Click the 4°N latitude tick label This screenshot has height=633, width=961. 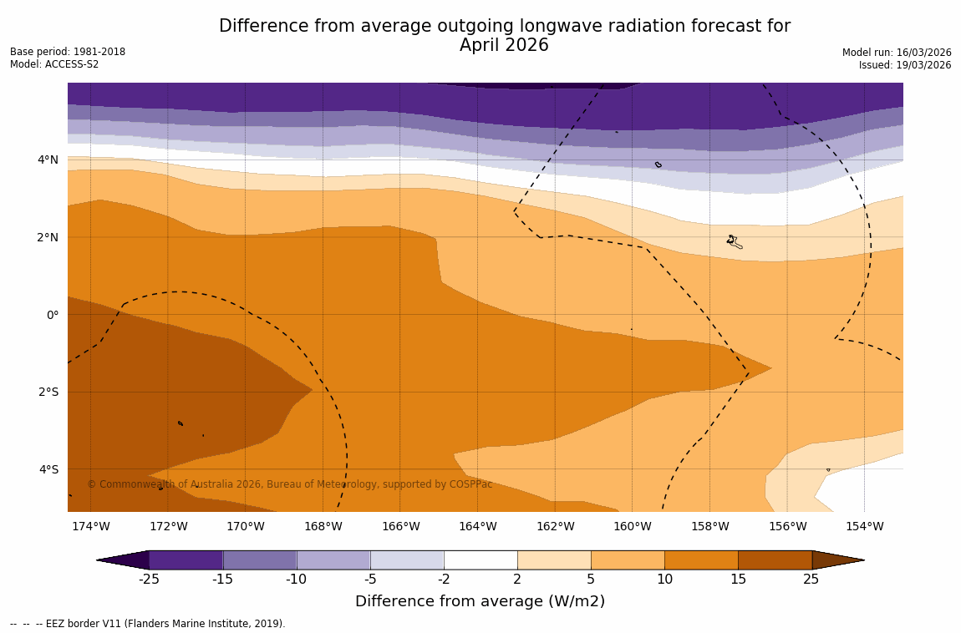[x=48, y=160]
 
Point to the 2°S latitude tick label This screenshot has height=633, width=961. [x=48, y=392]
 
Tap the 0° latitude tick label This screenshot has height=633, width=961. [x=52, y=315]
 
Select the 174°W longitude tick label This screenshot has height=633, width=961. [x=90, y=526]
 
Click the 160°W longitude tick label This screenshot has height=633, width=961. [x=632, y=526]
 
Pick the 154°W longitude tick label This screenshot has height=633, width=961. [x=864, y=526]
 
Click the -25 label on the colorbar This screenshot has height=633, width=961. [x=149, y=580]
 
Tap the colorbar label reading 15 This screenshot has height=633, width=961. [x=738, y=580]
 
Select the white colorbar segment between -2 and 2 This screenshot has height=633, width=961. [x=480, y=560]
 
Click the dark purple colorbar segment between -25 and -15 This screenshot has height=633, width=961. [x=186, y=560]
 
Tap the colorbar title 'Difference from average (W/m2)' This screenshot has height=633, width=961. [x=480, y=601]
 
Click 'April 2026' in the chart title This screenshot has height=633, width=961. [x=504, y=46]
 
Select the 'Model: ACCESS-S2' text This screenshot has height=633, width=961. [x=54, y=64]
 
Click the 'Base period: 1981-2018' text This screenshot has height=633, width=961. [x=68, y=52]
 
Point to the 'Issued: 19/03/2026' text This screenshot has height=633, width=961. [x=905, y=65]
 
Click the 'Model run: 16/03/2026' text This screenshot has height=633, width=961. [x=897, y=53]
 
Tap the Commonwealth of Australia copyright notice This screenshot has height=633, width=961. [x=289, y=484]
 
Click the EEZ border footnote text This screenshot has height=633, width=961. [x=148, y=624]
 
